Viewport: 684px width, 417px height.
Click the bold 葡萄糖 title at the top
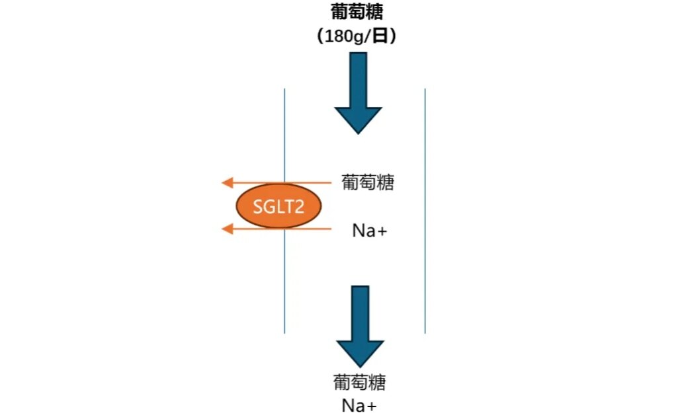(x=357, y=13)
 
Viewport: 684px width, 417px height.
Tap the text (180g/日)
(x=357, y=36)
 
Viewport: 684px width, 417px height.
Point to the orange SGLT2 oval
(x=278, y=207)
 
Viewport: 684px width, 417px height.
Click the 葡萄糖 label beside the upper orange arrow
(x=368, y=182)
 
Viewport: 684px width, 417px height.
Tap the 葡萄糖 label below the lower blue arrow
(x=359, y=383)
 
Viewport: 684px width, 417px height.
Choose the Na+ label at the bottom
(x=359, y=405)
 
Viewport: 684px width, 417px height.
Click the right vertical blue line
(x=425, y=211)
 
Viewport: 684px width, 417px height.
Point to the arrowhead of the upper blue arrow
(x=358, y=119)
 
